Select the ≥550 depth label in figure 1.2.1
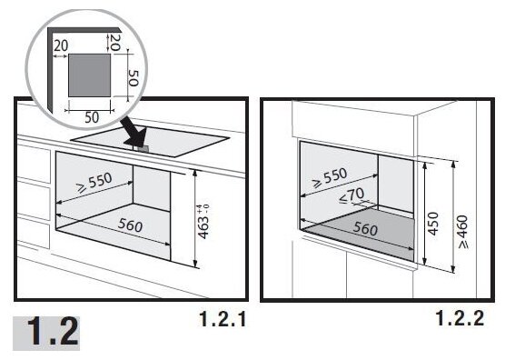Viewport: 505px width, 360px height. coord(94,183)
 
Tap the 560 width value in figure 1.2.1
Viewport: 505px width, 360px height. coord(130,225)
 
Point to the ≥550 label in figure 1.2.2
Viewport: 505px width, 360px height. coord(330,177)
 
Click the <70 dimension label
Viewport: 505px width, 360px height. coord(352,195)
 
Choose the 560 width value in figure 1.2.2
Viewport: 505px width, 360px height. coord(365,228)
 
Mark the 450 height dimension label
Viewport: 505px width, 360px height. coord(434,224)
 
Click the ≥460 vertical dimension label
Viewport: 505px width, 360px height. coord(463,232)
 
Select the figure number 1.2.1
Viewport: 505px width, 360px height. coord(223,319)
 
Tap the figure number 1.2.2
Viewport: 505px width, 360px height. coord(460,318)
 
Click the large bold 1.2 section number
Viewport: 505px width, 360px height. coord(53,332)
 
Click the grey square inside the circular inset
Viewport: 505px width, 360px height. coord(90,75)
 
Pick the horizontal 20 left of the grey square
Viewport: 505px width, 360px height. coord(61,46)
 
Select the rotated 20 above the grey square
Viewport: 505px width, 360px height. coord(115,42)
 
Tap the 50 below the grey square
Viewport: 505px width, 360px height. coord(92,117)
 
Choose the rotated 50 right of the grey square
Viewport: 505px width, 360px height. coord(134,78)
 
